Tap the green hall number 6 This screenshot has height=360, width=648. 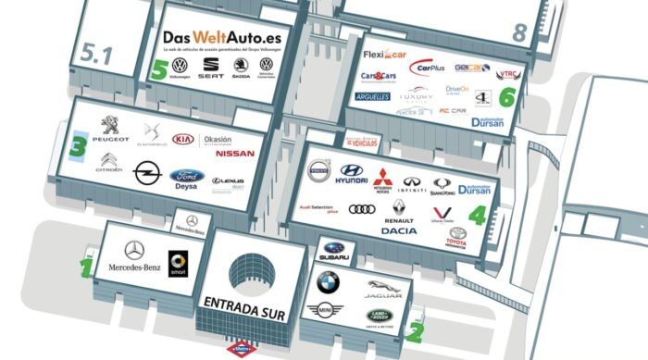[x=506, y=95]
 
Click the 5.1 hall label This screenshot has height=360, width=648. [x=95, y=55]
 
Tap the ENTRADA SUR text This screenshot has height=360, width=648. [x=250, y=304]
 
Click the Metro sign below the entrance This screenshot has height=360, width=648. [x=243, y=351]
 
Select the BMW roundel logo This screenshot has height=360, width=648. [x=328, y=281]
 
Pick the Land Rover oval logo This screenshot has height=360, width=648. [x=378, y=317]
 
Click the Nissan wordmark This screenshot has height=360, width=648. [x=234, y=154]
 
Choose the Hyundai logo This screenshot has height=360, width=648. [x=353, y=172]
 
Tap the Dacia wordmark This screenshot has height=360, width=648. [x=398, y=230]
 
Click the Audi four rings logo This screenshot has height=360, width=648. [x=362, y=209]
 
